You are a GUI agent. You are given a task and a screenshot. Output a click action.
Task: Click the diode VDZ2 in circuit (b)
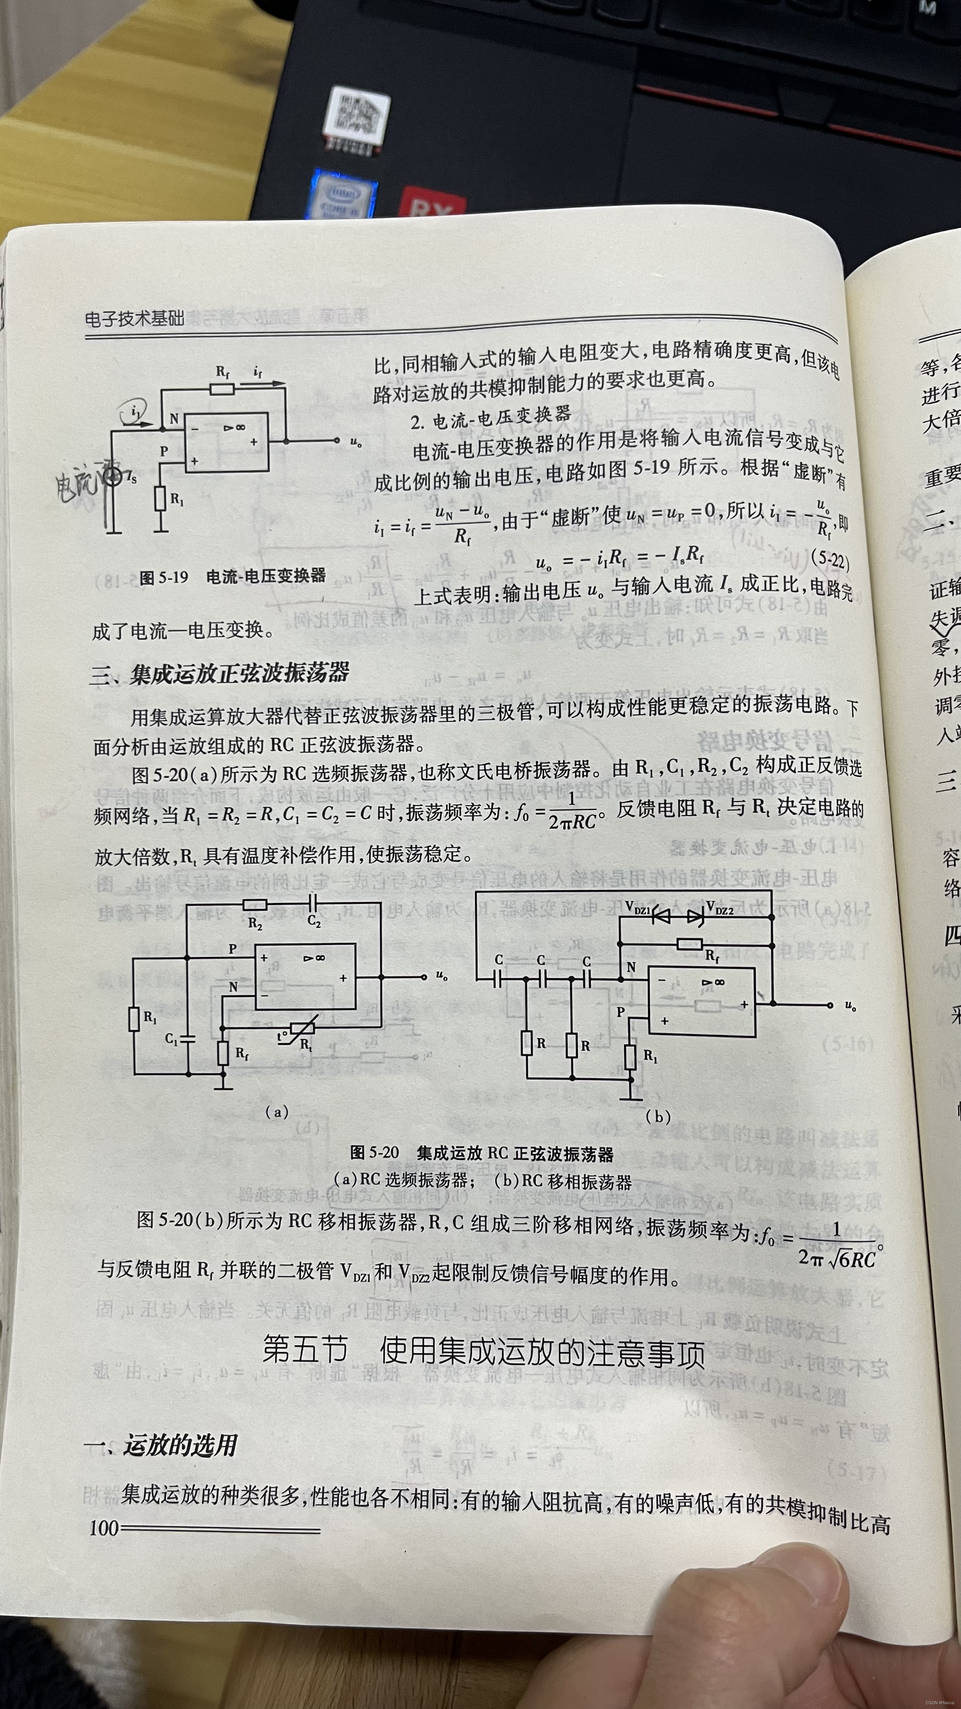click(694, 916)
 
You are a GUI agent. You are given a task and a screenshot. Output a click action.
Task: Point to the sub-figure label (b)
click(658, 1116)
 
